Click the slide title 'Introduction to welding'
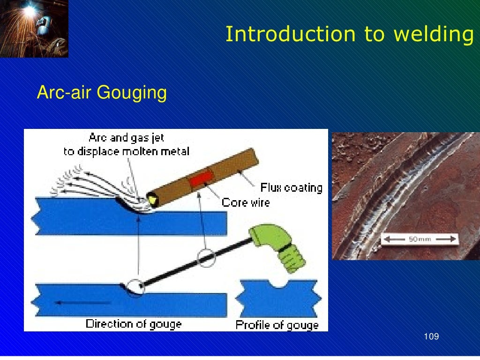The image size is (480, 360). [x=349, y=34]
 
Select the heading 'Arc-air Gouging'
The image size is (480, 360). [x=102, y=92]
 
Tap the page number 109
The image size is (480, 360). [x=431, y=337]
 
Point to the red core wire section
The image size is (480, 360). [x=201, y=179]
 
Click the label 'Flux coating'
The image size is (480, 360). [x=292, y=188]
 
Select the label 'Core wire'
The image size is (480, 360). [x=246, y=202]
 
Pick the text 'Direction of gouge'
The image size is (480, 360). [x=134, y=323]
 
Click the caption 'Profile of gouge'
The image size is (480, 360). [x=277, y=324]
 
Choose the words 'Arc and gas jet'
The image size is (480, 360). [x=127, y=138]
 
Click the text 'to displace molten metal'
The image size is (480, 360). [x=127, y=151]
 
